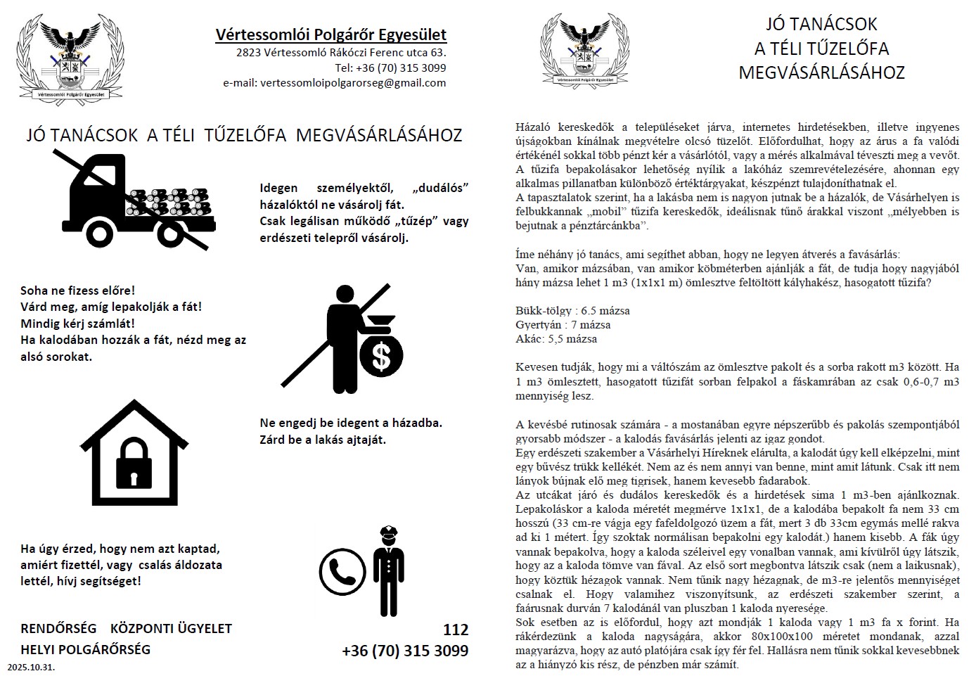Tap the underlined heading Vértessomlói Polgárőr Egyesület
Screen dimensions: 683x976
tap(330, 35)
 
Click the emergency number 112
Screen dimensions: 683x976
tap(455, 629)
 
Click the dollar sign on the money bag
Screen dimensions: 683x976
tap(381, 356)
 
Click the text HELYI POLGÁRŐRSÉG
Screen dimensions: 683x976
tap(86, 649)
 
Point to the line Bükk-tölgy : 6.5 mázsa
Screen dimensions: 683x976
tap(572, 311)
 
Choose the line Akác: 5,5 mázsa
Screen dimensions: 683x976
tap(556, 339)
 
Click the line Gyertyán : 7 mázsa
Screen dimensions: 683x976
tap(563, 325)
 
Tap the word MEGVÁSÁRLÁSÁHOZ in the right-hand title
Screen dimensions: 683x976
tap(821, 72)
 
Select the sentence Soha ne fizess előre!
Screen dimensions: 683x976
tap(77, 291)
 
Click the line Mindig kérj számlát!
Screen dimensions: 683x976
tap(77, 324)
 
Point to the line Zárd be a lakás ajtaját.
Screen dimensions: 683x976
tap(323, 440)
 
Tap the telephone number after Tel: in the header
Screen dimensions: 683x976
tap(401, 68)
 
